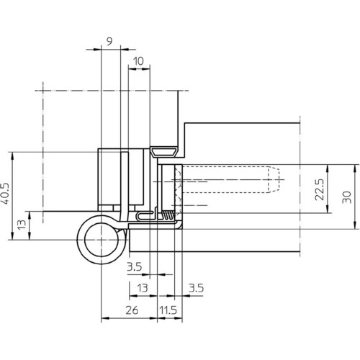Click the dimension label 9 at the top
pyautogui.click(x=109, y=42)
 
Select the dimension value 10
pyautogui.click(x=138, y=61)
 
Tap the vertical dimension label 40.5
pyautogui.click(x=5, y=194)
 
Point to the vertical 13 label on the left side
pyautogui.click(x=22, y=225)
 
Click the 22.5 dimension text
pyautogui.click(x=320, y=189)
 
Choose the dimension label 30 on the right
pyautogui.click(x=346, y=197)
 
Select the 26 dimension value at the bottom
pyautogui.click(x=132, y=310)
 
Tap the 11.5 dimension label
pyautogui.click(x=168, y=310)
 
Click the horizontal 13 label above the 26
pyautogui.click(x=143, y=288)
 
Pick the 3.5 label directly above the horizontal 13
pyautogui.click(x=135, y=266)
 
